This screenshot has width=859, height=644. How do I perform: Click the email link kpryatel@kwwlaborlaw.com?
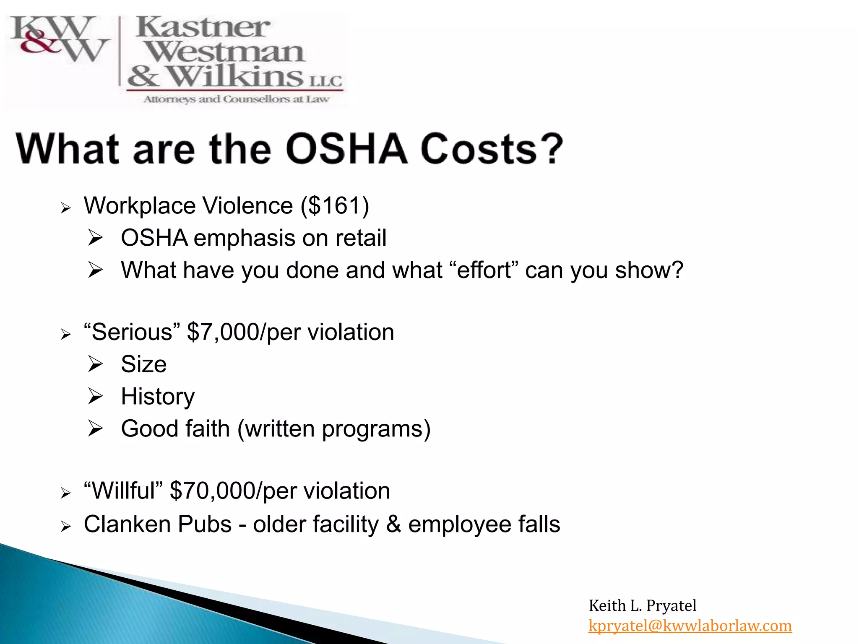click(x=690, y=626)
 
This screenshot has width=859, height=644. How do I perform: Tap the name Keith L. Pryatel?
click(x=642, y=605)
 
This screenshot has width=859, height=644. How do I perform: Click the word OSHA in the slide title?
click(x=346, y=149)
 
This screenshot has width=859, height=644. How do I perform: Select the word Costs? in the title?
click(x=492, y=149)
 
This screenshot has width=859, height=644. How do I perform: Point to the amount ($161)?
click(x=335, y=205)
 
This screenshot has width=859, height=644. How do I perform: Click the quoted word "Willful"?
click(x=123, y=491)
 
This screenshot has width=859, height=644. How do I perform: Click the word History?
click(x=158, y=396)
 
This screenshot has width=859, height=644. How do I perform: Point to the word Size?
click(x=143, y=364)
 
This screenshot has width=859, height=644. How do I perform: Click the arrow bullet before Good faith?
click(x=96, y=428)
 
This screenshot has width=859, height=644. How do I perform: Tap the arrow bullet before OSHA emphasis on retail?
click(x=96, y=238)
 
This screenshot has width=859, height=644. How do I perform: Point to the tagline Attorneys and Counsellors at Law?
click(x=236, y=99)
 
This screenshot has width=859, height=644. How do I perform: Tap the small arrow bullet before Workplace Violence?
click(x=65, y=208)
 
